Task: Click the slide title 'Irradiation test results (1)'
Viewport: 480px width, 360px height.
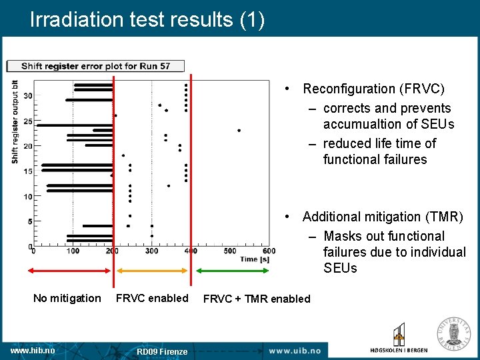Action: coord(147,19)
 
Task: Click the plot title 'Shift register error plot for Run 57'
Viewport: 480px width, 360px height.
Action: coord(95,66)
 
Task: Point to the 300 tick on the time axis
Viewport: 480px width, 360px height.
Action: coord(151,251)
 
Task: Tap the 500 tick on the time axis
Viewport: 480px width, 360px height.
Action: coord(230,251)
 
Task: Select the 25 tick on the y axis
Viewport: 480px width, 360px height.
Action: coord(27,121)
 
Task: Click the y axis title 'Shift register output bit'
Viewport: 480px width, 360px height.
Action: coord(15,122)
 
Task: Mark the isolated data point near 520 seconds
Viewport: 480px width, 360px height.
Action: coord(239,130)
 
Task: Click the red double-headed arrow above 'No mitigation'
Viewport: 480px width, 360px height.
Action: coord(69,271)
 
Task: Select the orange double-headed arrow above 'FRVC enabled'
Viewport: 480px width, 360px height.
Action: coord(152,271)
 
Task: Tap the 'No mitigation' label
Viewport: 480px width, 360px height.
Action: coord(67,298)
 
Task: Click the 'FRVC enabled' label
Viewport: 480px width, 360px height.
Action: coord(152,298)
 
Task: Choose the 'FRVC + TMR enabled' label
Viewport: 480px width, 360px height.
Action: coord(257,299)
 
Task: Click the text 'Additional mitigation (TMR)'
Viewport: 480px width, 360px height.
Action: coord(383,217)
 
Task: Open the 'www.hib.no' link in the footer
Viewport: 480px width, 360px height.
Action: coord(33,350)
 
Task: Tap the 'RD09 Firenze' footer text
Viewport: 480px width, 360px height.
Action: coord(162,351)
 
